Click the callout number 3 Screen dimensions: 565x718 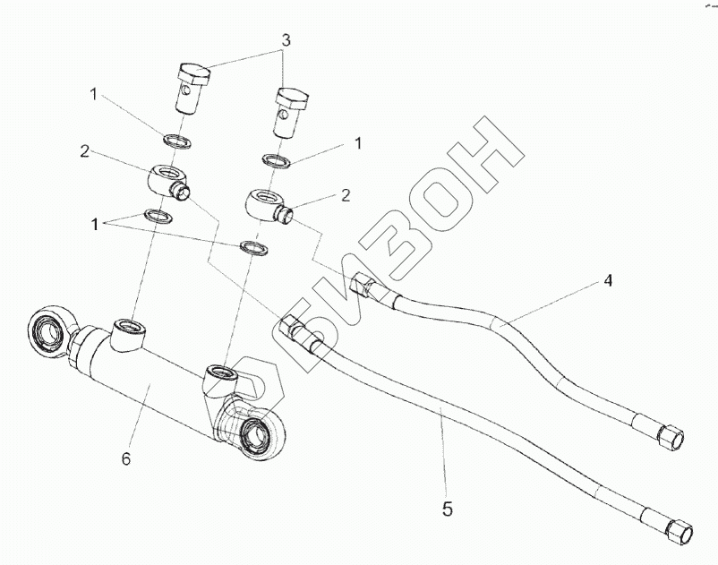pos(285,42)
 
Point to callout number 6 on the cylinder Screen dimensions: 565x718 pos(126,459)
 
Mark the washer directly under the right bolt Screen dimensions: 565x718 pos(275,160)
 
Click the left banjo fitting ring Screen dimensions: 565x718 pos(164,175)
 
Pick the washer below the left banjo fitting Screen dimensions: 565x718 pos(158,216)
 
